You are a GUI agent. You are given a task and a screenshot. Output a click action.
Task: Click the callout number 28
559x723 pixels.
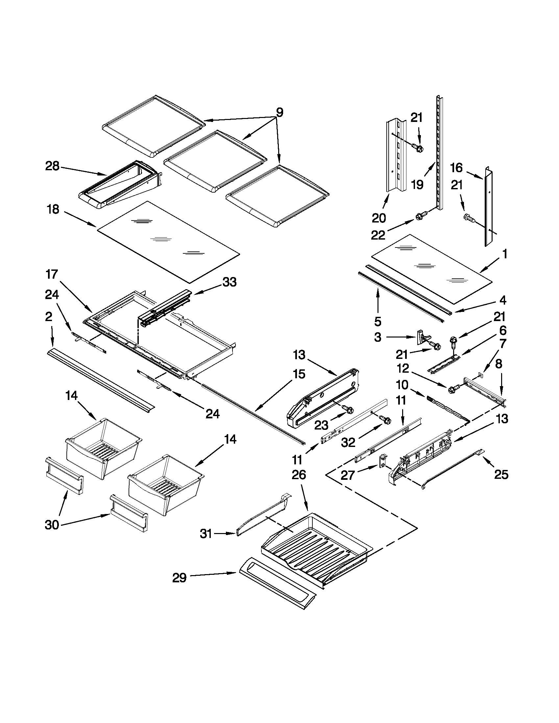[52, 166]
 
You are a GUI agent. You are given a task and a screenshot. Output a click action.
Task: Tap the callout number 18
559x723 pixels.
[53, 209]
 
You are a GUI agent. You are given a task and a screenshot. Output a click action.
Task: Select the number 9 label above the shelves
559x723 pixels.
[279, 112]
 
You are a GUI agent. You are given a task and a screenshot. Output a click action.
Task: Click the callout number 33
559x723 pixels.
[230, 282]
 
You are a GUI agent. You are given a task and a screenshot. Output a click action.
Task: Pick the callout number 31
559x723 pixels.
[206, 534]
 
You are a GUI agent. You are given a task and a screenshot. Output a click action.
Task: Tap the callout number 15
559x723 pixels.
[299, 374]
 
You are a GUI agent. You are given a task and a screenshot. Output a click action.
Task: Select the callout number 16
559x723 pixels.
[456, 168]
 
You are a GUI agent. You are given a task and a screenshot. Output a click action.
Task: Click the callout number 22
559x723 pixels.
[378, 235]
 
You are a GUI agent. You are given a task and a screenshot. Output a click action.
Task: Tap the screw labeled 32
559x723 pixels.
[386, 420]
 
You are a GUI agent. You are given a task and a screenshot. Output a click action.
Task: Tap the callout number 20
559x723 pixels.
[379, 218]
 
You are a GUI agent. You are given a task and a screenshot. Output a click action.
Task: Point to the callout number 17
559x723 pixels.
[52, 274]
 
